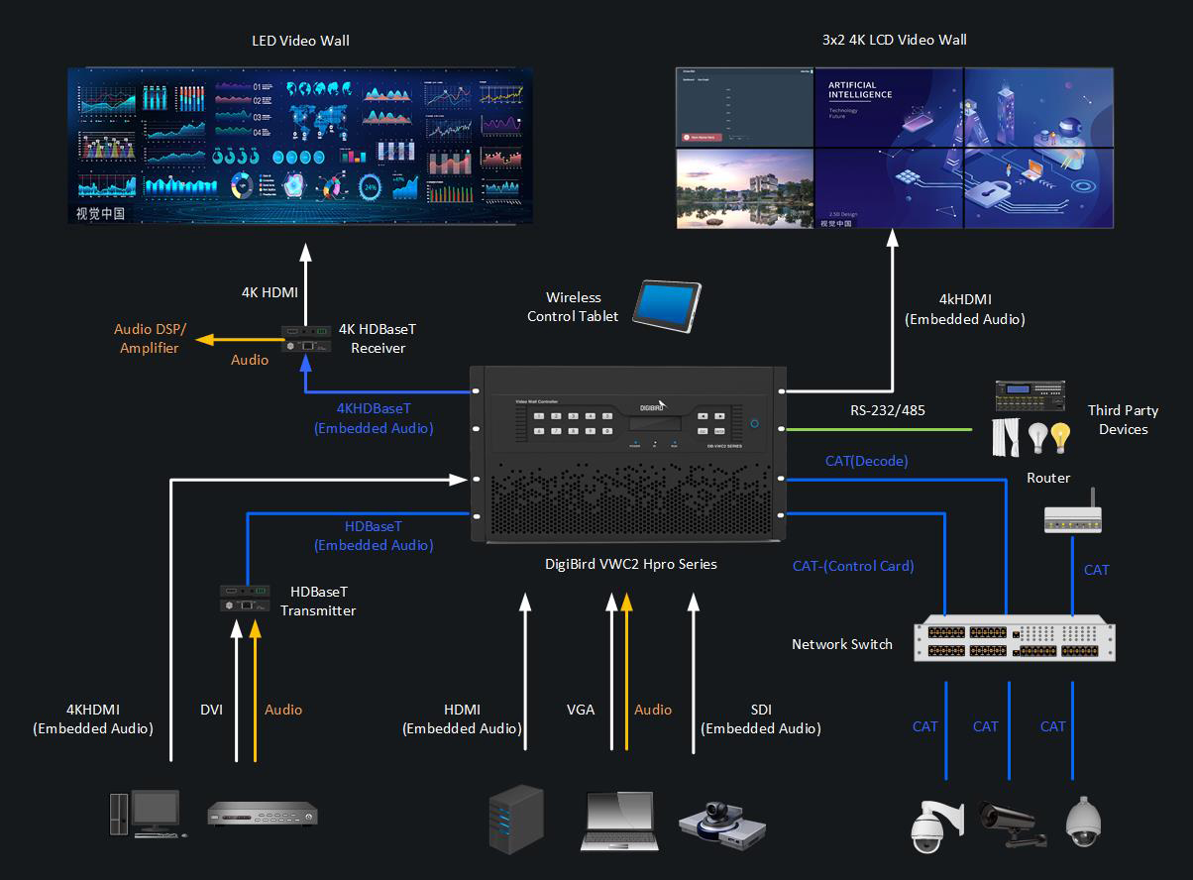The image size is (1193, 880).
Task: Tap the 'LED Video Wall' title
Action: coord(300,41)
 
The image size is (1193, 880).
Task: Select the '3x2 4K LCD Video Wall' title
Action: coord(894,41)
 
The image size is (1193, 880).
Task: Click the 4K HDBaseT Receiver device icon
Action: coord(307,338)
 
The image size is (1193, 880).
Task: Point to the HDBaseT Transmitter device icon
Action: coord(245,597)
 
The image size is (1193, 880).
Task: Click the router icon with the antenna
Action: coord(1072,515)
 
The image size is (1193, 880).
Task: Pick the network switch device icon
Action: coord(1015,640)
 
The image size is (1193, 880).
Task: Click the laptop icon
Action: coord(619,820)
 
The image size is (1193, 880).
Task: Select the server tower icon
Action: coord(516,819)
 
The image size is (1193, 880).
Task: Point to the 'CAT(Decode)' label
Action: coord(866,461)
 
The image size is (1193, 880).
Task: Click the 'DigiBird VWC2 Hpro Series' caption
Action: coord(630,564)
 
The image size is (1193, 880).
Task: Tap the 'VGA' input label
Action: coord(581,710)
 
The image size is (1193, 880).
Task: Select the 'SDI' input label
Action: coord(761,710)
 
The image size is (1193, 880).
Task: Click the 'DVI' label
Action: coord(211,710)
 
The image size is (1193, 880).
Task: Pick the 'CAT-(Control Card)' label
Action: coord(852,566)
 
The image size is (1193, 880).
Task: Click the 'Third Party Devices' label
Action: coord(1123,419)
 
